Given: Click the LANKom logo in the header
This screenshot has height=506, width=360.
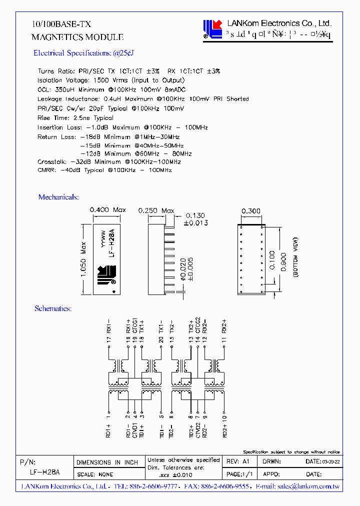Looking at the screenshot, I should [212, 29].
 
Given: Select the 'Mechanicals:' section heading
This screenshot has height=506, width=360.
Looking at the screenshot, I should [58, 197].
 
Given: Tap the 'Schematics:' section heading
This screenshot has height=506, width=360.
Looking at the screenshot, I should [52, 308].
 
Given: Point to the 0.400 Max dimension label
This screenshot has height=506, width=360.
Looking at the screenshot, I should [107, 210].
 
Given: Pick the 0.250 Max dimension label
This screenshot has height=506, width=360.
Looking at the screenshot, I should [156, 211].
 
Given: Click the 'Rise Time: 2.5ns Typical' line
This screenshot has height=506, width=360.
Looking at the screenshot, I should [75, 118].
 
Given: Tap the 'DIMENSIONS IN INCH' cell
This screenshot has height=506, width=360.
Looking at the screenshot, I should [107, 462].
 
